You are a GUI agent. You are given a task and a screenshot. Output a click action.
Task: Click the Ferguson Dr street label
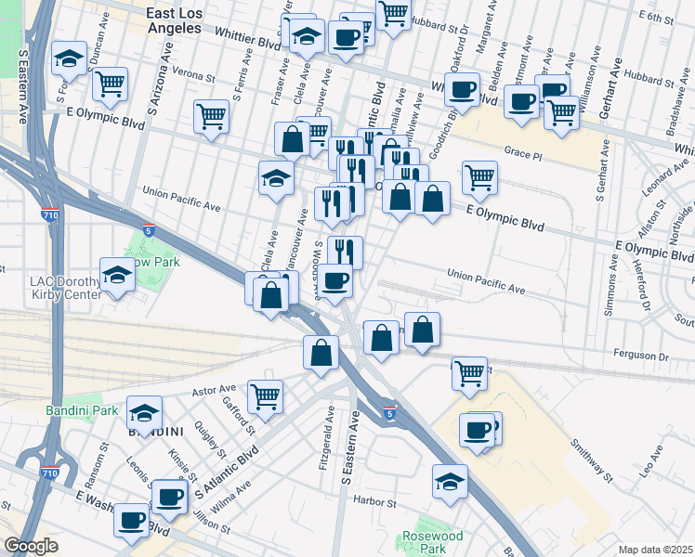(641, 356)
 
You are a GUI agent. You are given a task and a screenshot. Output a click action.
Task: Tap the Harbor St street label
(374, 504)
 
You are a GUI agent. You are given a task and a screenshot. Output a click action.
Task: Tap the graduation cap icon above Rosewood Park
(450, 482)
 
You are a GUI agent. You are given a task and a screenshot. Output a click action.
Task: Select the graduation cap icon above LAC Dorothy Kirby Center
(117, 275)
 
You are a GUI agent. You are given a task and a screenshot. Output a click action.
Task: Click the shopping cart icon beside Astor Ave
(266, 396)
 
